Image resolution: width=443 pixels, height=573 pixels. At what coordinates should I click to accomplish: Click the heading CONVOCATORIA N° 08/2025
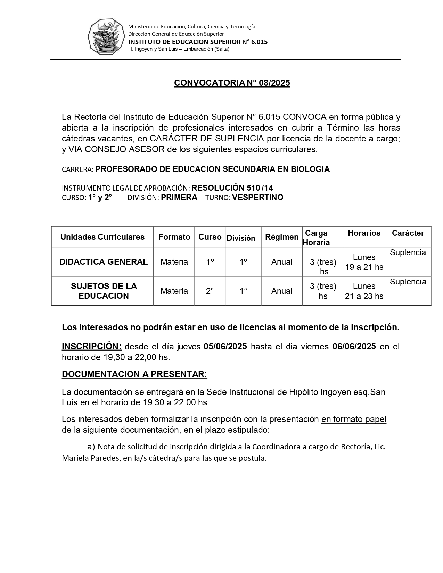(232, 83)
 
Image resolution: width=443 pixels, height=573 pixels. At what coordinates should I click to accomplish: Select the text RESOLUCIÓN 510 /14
(232, 188)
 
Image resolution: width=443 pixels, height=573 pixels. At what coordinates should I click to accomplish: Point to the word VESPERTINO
(257, 198)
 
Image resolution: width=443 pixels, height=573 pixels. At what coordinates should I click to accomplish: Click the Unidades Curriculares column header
(102, 237)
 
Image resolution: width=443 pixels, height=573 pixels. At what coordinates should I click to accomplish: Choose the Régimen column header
(281, 237)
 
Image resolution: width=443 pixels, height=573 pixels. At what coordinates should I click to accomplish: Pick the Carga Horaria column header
(316, 238)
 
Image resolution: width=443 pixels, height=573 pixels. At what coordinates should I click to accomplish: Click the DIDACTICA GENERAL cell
(104, 262)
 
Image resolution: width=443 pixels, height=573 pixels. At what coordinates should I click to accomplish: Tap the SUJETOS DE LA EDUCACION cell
(104, 291)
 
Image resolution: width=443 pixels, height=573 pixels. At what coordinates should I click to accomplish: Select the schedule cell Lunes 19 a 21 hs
(364, 262)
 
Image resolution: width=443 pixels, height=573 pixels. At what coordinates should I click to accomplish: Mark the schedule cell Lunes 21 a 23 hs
(364, 291)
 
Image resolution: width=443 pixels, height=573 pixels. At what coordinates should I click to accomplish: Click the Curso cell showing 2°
(210, 291)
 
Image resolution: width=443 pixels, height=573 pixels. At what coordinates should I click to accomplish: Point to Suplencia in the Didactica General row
(408, 253)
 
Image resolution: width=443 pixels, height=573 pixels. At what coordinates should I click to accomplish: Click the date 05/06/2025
(225, 347)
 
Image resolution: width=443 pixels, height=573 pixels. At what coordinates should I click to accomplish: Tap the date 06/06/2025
(354, 347)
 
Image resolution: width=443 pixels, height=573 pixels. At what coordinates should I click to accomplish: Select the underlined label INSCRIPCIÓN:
(92, 347)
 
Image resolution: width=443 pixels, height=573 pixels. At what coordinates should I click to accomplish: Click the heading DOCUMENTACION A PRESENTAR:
(134, 374)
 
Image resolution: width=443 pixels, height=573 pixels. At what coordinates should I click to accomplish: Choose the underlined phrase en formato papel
(354, 419)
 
